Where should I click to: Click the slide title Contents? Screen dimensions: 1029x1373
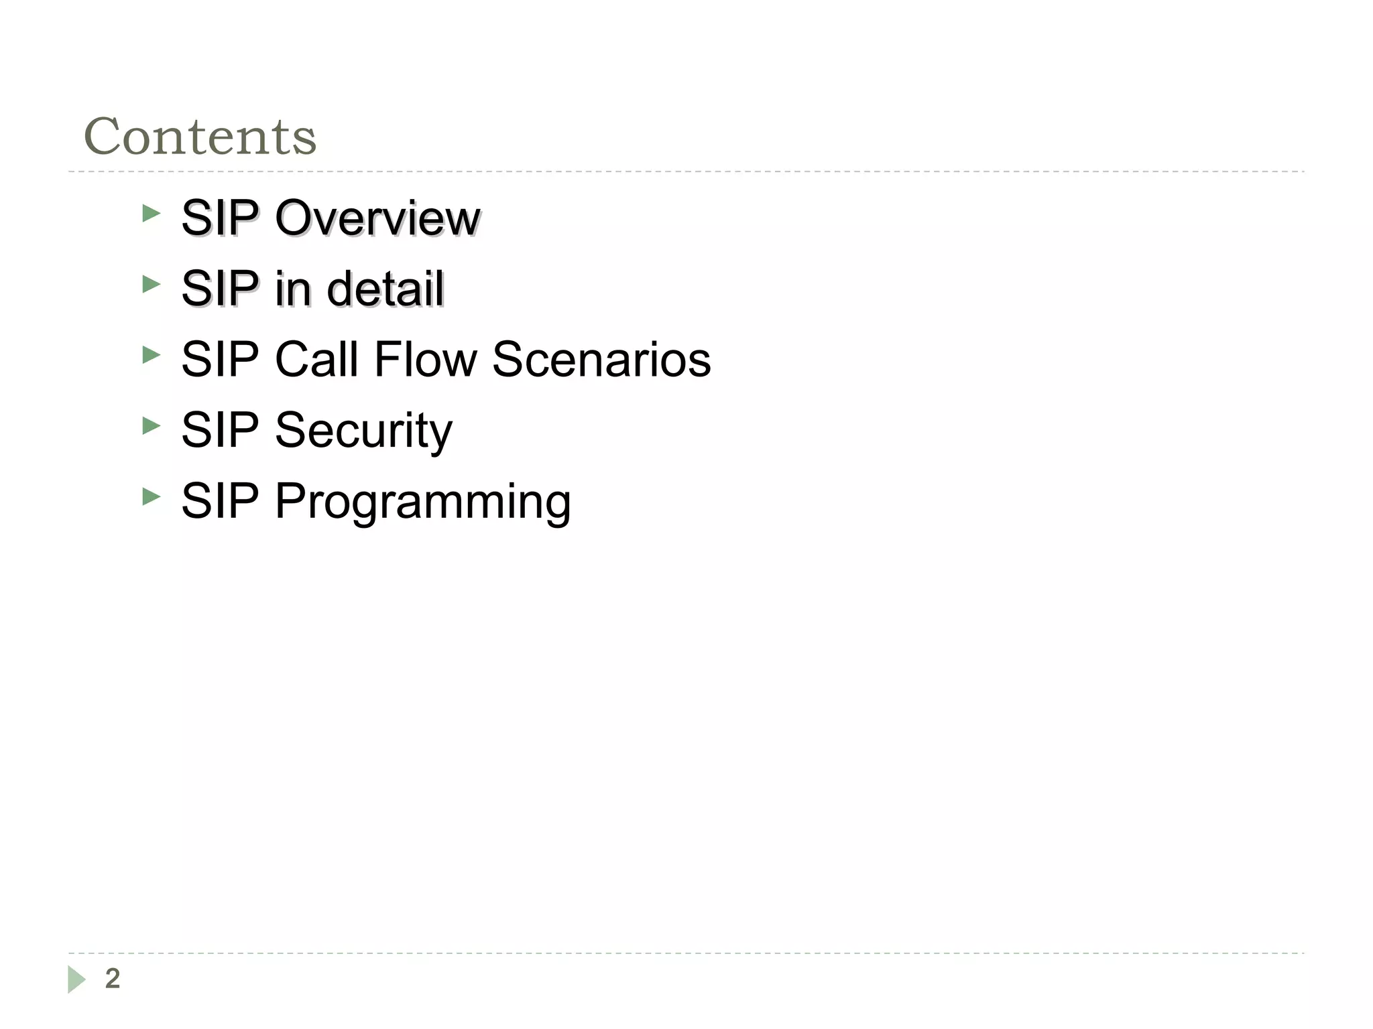click(x=200, y=137)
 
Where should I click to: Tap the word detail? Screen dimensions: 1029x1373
click(x=385, y=289)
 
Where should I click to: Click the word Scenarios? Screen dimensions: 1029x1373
click(x=601, y=359)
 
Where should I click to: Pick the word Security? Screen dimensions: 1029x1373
click(x=363, y=430)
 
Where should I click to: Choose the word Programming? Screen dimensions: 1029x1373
click(x=422, y=501)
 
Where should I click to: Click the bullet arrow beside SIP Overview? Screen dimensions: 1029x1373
click(x=152, y=214)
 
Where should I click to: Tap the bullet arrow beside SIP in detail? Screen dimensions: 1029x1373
click(x=152, y=285)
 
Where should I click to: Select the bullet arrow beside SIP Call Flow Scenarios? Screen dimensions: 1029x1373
click(x=152, y=356)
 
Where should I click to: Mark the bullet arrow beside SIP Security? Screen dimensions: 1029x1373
click(x=152, y=426)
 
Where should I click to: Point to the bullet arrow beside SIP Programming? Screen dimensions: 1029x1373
click(x=152, y=497)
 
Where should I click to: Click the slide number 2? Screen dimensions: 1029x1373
click(x=113, y=979)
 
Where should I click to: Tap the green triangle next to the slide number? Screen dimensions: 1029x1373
click(x=76, y=979)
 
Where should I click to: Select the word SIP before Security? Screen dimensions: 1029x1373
click(x=220, y=430)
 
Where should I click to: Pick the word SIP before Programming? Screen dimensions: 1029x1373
click(x=220, y=501)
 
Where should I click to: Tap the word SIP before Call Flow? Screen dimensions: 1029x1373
click(x=220, y=359)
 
